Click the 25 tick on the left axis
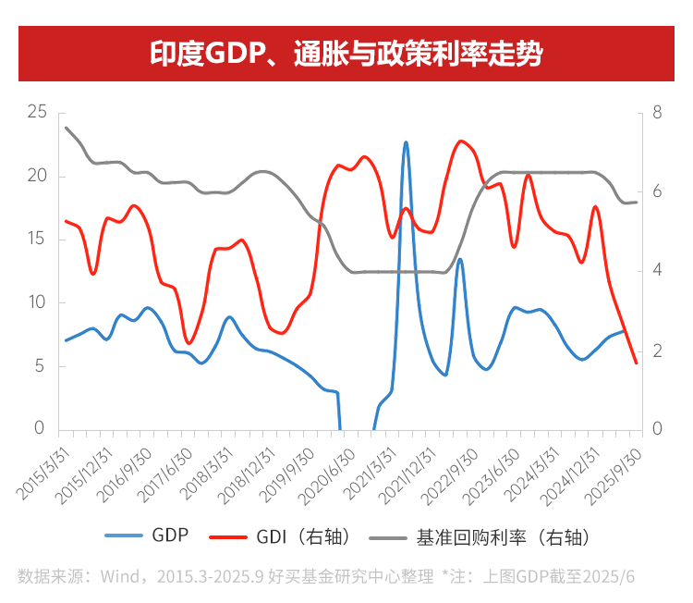pyautogui.click(x=37, y=112)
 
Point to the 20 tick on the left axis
pyautogui.click(x=37, y=176)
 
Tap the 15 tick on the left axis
pyautogui.click(x=37, y=239)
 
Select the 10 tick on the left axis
pyautogui.click(x=37, y=302)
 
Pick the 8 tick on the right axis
pyautogui.click(x=657, y=112)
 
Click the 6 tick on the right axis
pyautogui.click(x=657, y=191)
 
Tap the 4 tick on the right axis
pyautogui.click(x=657, y=271)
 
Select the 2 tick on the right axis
pyautogui.click(x=657, y=351)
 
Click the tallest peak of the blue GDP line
pyautogui.click(x=406, y=142)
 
